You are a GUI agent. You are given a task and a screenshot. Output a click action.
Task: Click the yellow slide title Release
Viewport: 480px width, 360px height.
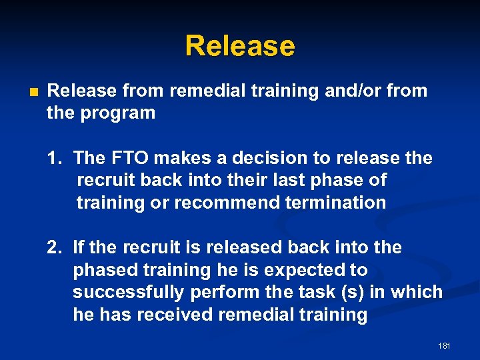[x=239, y=46]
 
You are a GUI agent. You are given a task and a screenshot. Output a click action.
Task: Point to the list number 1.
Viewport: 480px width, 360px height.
[x=54, y=158]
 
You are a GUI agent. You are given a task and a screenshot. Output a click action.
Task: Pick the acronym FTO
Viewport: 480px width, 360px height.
[x=123, y=158]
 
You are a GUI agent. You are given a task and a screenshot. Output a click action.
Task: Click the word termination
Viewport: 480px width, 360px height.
[x=339, y=202]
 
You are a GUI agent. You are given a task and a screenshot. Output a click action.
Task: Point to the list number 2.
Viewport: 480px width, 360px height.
[x=54, y=247]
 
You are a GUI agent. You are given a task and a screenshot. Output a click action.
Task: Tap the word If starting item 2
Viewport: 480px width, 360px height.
[x=79, y=247]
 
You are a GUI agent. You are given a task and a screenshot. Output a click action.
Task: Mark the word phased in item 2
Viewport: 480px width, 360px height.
[x=102, y=270]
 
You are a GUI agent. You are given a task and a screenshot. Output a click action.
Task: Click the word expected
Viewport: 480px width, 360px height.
[x=291, y=270]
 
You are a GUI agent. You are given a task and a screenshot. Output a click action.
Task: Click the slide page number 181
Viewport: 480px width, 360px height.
[x=445, y=346]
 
